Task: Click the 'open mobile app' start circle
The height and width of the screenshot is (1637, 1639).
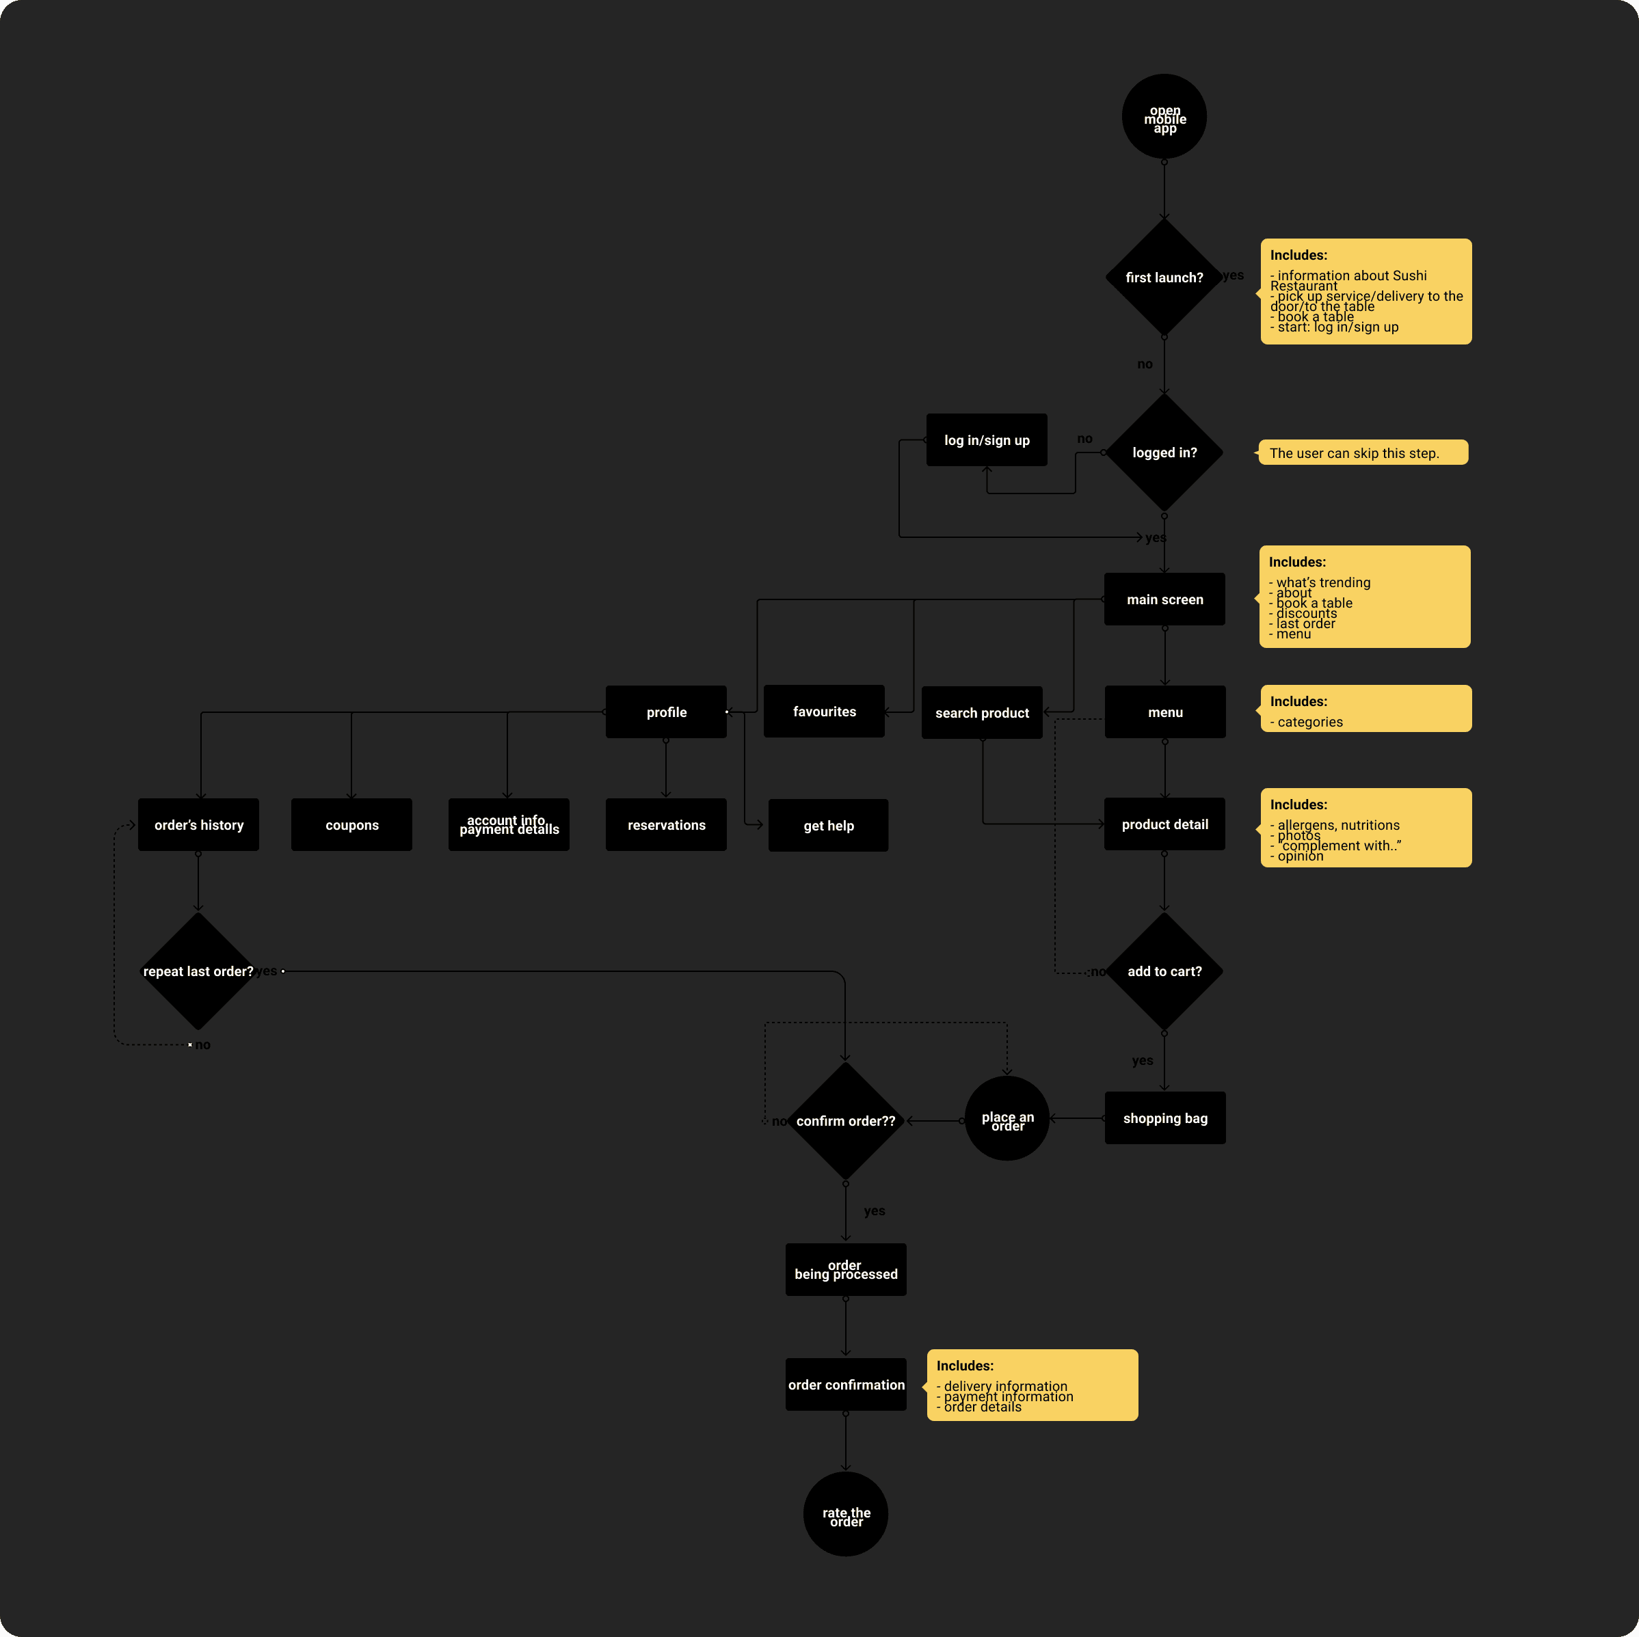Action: (1164, 116)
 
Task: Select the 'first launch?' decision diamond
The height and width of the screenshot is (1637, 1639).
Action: (1164, 278)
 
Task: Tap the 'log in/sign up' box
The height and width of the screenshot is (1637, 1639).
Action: (986, 440)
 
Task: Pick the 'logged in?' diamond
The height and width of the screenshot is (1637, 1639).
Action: (1164, 452)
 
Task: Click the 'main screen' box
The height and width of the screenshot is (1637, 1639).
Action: (1164, 599)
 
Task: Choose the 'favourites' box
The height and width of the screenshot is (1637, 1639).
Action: (824, 712)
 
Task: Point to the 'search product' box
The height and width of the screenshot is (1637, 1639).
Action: (981, 712)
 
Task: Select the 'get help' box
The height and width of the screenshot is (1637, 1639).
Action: (828, 825)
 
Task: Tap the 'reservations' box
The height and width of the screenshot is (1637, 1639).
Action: (666, 824)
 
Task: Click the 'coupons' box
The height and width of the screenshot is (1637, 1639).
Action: (351, 824)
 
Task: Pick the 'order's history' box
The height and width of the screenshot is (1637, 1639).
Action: (198, 824)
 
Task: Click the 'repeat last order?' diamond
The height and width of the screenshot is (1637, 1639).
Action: (198, 971)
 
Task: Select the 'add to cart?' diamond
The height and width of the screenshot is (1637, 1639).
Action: (1164, 971)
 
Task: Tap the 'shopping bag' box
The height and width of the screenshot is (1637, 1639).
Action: (1164, 1118)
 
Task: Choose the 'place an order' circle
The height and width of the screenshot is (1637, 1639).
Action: (1007, 1119)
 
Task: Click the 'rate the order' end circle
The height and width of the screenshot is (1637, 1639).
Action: (846, 1514)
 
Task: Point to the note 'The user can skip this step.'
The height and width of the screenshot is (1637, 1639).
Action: (1363, 453)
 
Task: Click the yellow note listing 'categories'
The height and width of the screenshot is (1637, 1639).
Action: (1365, 709)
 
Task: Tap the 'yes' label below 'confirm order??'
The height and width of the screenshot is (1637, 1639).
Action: (875, 1211)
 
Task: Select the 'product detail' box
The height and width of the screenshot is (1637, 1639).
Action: (1164, 824)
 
